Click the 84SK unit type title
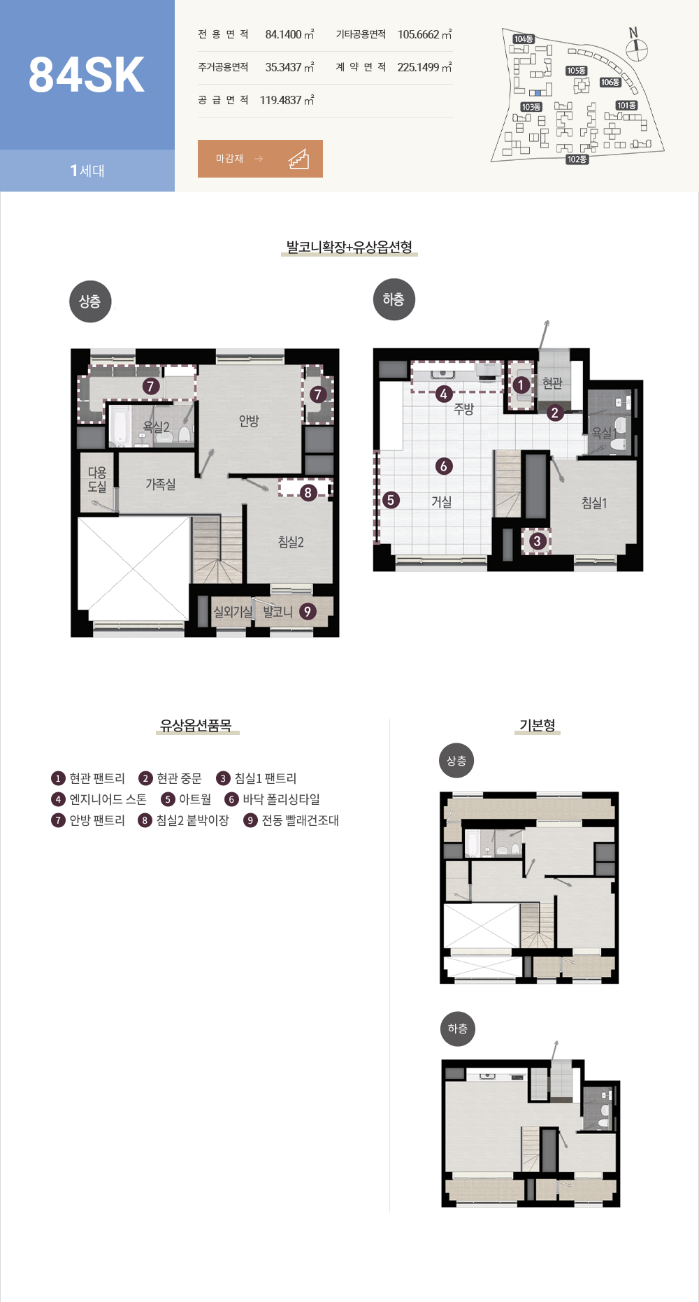87,75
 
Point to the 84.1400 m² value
289,34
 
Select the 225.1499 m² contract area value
424,67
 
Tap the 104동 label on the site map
524,39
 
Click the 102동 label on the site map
577,159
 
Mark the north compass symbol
636,47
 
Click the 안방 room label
249,420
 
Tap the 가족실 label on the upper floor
161,484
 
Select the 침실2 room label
291,542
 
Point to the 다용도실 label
97,480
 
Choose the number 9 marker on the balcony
307,612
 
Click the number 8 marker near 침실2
308,493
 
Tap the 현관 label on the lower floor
552,383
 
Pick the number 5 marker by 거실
391,500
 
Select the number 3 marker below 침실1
537,541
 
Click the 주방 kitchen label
464,409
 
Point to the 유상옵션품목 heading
196,725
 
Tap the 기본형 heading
538,725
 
